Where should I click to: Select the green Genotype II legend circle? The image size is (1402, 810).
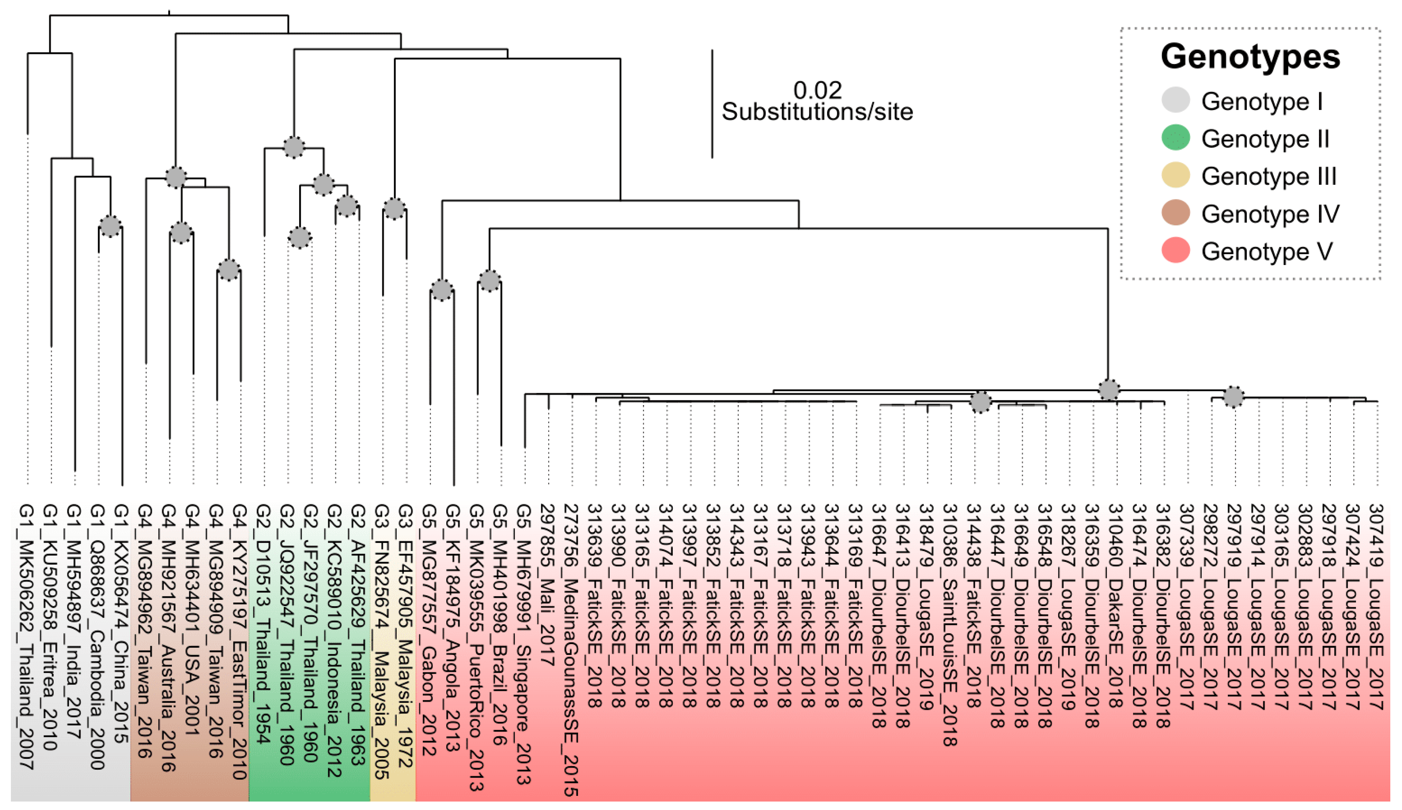click(1175, 138)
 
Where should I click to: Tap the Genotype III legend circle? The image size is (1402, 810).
click(1175, 176)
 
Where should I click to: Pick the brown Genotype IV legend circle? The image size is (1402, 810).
click(1175, 213)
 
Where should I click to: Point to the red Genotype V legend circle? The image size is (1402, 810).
click(1175, 251)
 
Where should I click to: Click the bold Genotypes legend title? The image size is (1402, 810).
click(1250, 57)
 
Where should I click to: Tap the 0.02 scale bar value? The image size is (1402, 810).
click(817, 90)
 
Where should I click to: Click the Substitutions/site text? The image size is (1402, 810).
click(817, 112)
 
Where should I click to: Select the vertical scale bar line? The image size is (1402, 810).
click(712, 104)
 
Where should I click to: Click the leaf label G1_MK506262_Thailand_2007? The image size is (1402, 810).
click(26, 636)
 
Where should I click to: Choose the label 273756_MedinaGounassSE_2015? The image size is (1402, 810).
click(571, 650)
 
